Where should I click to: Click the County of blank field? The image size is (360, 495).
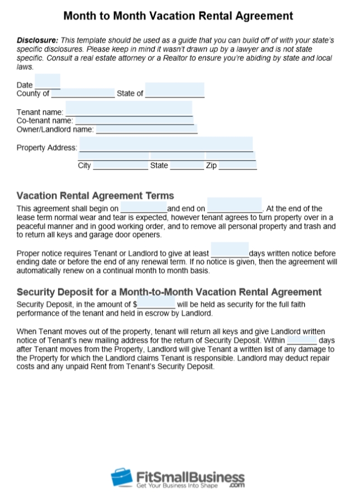tap(82, 93)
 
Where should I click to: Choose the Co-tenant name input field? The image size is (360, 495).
tap(134, 120)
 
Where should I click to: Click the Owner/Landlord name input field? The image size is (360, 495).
tap(146, 129)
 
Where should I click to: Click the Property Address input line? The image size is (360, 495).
tap(166, 146)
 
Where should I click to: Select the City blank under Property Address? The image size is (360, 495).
tap(121, 164)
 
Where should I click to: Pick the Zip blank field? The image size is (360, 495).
tap(238, 164)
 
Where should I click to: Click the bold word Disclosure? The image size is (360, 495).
tap(37, 41)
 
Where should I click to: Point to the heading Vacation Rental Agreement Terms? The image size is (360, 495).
tap(96, 196)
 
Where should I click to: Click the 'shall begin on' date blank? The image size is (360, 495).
tap(143, 208)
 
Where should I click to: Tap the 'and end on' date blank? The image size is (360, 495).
tap(234, 207)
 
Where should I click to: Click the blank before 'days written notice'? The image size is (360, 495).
tap(229, 251)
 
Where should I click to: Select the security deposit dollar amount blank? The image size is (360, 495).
tap(157, 304)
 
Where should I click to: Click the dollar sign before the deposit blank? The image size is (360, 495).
tap(135, 304)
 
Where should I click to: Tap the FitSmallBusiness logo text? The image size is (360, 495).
tap(190, 477)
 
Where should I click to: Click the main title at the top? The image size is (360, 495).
tap(178, 16)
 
